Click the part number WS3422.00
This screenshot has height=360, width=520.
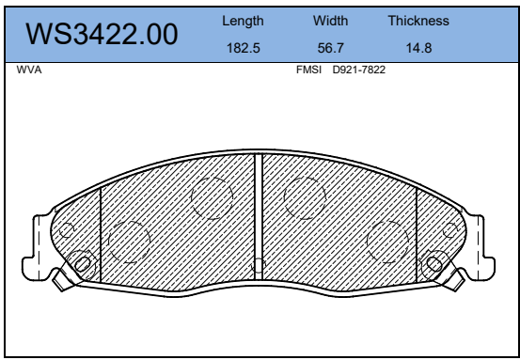(x=102, y=34)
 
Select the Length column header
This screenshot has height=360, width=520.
(x=243, y=22)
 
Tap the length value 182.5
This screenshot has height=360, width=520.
(x=244, y=48)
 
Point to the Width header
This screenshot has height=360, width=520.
(x=330, y=21)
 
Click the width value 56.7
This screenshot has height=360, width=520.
(x=330, y=48)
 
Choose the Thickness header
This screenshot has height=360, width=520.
(x=418, y=21)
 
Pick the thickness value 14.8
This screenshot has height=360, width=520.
(x=418, y=48)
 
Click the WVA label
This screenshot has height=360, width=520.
(x=29, y=70)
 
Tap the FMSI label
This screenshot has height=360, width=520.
(x=308, y=70)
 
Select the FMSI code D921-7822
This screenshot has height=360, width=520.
(x=359, y=70)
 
